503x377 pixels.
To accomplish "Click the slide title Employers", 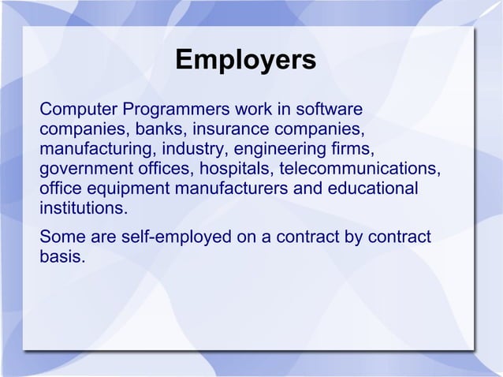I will coord(245,60).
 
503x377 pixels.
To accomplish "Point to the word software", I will coord(330,108).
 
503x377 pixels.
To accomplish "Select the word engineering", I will coord(275,149).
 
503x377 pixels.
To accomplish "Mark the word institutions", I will coord(82,211).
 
